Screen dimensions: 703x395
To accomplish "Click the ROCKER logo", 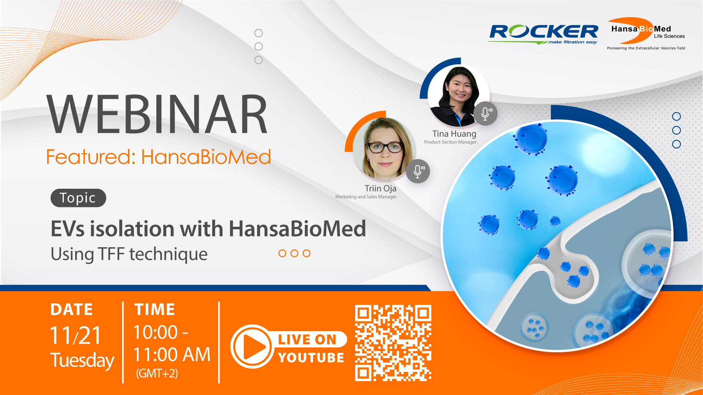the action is (544, 34).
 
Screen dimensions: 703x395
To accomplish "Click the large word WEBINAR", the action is (157, 114).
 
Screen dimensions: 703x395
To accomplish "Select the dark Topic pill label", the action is (78, 198).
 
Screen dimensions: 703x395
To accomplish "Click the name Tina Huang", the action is (454, 134).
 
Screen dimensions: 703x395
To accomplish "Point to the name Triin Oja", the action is (380, 188).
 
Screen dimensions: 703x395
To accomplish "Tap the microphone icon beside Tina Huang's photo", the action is (486, 113).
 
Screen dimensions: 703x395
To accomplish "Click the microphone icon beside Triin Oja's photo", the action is (418, 171).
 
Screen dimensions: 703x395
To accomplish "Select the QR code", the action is (393, 343).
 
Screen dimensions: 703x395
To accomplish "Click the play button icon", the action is (252, 346).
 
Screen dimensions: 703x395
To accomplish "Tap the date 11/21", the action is (75, 335).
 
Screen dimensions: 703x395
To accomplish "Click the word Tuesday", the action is (82, 360).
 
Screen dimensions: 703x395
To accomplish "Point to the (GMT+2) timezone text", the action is (157, 373).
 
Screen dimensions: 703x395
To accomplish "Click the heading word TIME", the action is (155, 310).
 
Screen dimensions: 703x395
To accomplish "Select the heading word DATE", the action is (72, 310).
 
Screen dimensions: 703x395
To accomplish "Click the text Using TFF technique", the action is (129, 254).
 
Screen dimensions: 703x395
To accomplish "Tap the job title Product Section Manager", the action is (450, 142).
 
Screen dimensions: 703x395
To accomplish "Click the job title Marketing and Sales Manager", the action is (366, 197).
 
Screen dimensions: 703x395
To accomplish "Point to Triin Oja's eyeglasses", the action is (385, 147).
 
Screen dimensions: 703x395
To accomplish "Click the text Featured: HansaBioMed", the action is (159, 157).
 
